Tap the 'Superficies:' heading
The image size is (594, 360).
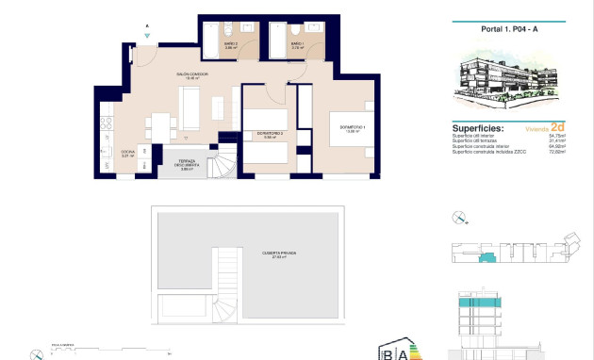478,127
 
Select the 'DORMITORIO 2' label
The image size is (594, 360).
271,135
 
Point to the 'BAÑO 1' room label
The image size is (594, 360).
295,44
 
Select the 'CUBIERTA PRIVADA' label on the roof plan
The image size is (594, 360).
279,253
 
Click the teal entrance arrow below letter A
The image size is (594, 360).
147,36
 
